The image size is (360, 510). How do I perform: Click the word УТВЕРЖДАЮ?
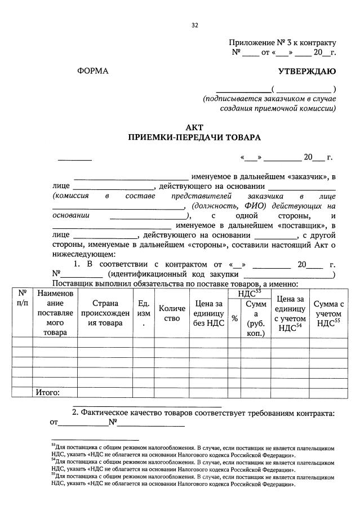point(307,71)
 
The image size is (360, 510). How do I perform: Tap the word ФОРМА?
point(92,71)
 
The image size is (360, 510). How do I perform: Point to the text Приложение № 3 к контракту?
point(282,43)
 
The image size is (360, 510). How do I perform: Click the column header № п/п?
point(23,298)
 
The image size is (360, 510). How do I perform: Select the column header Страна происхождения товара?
point(105,313)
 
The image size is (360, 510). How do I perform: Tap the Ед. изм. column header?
point(143,313)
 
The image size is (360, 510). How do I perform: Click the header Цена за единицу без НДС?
point(207,313)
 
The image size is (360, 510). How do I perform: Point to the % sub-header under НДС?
point(234,318)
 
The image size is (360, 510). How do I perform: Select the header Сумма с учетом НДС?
point(329,313)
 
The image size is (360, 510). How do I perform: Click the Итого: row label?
point(47,393)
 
